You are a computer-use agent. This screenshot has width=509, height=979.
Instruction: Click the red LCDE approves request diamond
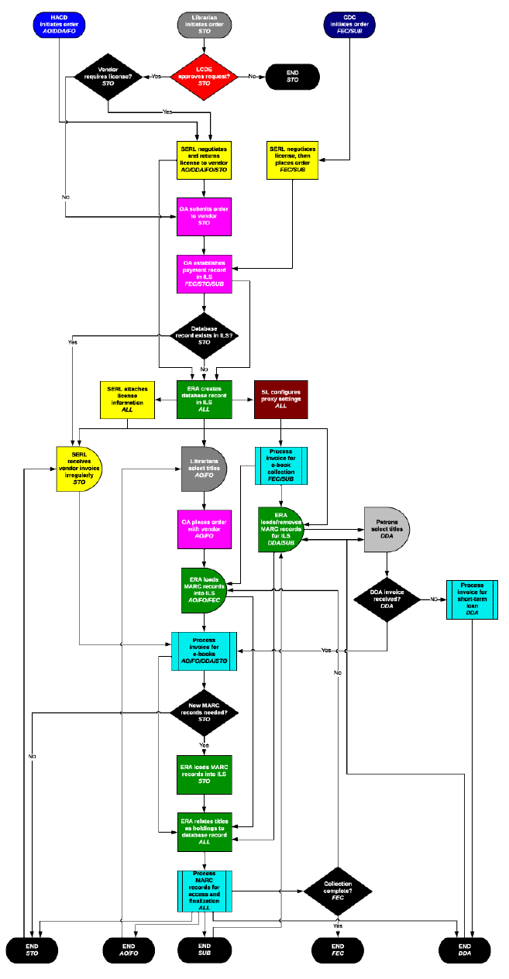(205, 76)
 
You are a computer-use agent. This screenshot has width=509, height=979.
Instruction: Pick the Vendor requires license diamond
(107, 76)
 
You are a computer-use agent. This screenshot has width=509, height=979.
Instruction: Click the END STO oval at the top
(293, 76)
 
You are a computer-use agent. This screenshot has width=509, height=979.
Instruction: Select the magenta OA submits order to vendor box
(205, 218)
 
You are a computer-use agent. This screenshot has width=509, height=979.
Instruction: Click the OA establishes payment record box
(205, 274)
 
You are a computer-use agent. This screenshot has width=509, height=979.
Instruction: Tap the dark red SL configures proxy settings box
(281, 400)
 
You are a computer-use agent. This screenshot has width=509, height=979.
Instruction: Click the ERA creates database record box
(205, 400)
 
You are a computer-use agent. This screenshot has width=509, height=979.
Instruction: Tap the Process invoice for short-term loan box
(472, 599)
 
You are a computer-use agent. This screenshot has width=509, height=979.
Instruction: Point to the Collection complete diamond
(338, 891)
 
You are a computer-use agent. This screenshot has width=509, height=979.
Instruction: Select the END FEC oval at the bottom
(338, 950)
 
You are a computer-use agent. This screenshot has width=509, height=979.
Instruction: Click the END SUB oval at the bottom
(205, 950)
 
